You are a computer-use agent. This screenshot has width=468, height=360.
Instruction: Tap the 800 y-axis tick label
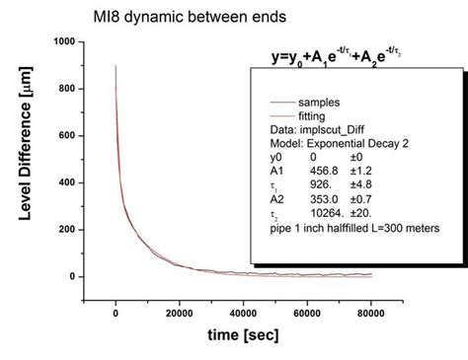tap(67, 89)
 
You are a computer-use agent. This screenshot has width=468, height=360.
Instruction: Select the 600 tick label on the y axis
tap(67, 136)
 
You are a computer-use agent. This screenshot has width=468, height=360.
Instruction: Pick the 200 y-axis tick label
tap(67, 230)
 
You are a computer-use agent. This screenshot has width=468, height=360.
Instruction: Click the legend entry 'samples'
tap(332, 103)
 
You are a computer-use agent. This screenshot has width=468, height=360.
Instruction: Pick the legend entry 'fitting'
tap(326, 115)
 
